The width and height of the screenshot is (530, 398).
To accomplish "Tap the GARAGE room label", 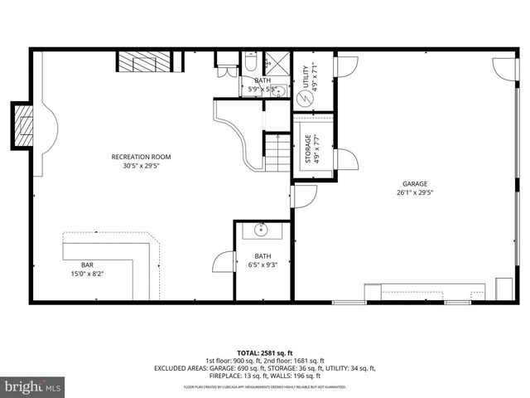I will click(x=415, y=183).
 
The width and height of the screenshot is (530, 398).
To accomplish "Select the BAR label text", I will click(x=87, y=265).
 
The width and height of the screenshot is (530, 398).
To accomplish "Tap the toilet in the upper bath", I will click(x=249, y=64).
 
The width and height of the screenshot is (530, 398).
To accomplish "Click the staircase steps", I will click(x=277, y=152).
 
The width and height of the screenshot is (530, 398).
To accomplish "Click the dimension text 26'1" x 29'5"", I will click(x=415, y=192).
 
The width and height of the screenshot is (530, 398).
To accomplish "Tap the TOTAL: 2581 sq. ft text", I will click(x=264, y=352).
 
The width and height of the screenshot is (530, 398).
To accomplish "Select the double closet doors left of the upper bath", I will click(x=226, y=65).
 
